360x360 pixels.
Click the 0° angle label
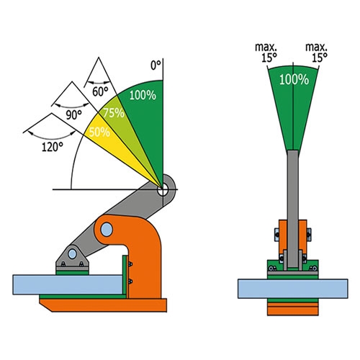pyautogui.click(x=156, y=66)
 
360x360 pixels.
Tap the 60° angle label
pyautogui.click(x=100, y=91)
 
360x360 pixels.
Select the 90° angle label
pyautogui.click(x=73, y=115)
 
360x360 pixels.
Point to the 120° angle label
pyautogui.click(x=53, y=147)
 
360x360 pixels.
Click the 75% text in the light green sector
pyautogui.click(x=114, y=112)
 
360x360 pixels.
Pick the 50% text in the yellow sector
pyautogui.click(x=99, y=132)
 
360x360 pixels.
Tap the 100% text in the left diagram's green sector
pyautogui.click(x=143, y=95)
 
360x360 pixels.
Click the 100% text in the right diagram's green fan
pyautogui.click(x=294, y=79)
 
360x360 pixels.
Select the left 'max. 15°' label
pyautogui.click(x=266, y=53)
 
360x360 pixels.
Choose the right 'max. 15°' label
pyautogui.click(x=316, y=53)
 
